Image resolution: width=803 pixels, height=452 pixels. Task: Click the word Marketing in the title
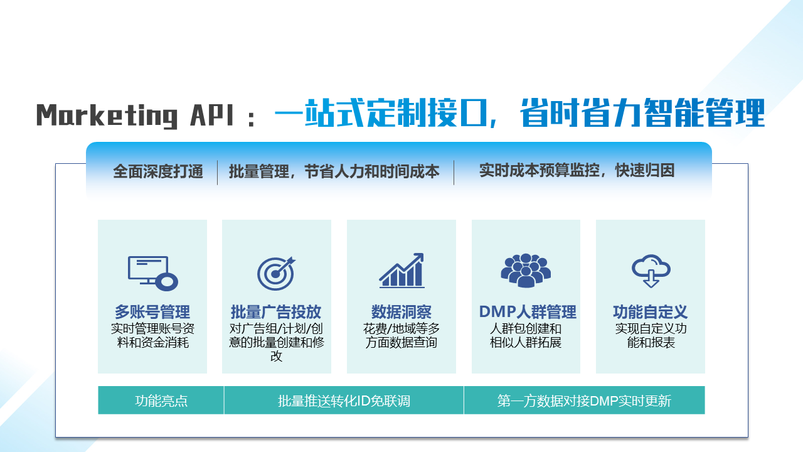tap(107, 116)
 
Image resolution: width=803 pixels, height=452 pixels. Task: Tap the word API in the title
tap(212, 115)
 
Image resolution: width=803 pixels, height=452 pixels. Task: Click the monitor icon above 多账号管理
tap(152, 273)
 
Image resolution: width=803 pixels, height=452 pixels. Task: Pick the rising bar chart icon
tap(401, 271)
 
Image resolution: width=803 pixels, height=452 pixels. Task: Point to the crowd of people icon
tap(526, 271)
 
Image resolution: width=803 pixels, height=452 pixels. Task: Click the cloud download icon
tap(651, 271)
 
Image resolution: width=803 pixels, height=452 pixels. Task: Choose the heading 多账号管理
tap(152, 312)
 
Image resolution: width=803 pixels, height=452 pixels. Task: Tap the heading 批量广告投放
tap(276, 312)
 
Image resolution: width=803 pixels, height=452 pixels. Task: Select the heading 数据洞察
tap(401, 312)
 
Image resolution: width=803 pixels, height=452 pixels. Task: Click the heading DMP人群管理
tap(528, 312)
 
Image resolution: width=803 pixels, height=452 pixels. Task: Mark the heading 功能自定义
tap(651, 312)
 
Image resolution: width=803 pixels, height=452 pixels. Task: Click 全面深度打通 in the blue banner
tap(158, 171)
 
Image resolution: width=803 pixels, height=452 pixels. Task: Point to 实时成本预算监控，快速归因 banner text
tap(577, 170)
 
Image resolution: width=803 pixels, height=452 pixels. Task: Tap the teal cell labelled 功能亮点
tap(161, 401)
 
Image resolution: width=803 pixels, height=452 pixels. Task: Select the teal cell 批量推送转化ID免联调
tap(344, 401)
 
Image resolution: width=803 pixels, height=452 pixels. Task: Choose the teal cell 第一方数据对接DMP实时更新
tap(584, 401)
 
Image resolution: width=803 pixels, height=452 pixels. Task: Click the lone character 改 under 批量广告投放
tap(277, 356)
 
